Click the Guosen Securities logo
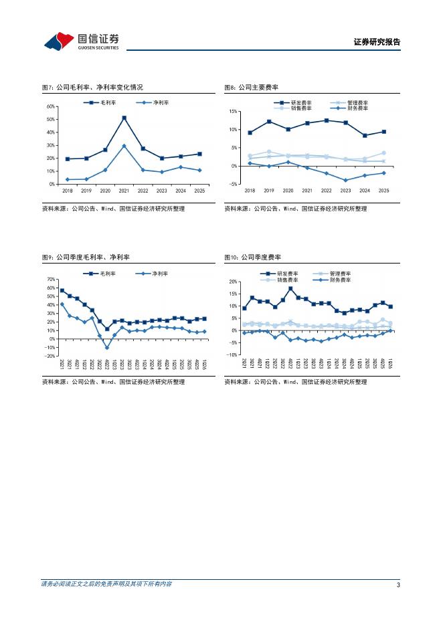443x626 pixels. [81, 41]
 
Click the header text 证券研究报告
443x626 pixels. [376, 42]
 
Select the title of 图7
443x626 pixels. [92, 87]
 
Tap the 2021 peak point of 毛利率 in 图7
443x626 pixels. [124, 118]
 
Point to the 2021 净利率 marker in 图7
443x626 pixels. [124, 146]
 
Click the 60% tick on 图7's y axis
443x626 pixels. [50, 107]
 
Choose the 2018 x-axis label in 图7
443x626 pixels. [67, 191]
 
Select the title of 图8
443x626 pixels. [251, 87]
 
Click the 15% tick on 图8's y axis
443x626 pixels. [234, 112]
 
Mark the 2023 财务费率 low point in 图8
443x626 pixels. [345, 180]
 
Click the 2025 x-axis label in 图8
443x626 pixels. [383, 191]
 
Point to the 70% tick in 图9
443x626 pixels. [50, 280]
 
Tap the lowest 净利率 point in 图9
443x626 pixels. [107, 347]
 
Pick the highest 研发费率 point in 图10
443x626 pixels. [290, 289]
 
